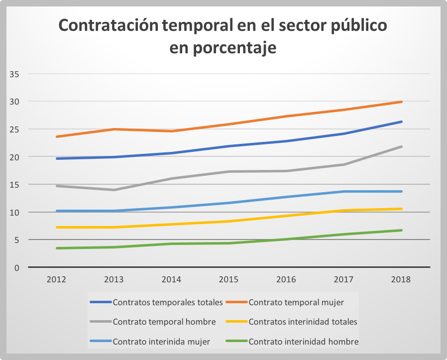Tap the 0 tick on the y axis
click(x=16, y=267)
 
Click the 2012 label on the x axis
click(x=56, y=279)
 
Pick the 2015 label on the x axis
click(x=228, y=279)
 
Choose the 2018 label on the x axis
click(x=401, y=279)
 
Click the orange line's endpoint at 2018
click(x=401, y=102)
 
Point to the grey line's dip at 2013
click(x=114, y=190)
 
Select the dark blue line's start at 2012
click(x=57, y=158)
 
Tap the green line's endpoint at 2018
click(x=401, y=230)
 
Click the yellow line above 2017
click(x=343, y=210)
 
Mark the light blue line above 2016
click(x=286, y=197)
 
